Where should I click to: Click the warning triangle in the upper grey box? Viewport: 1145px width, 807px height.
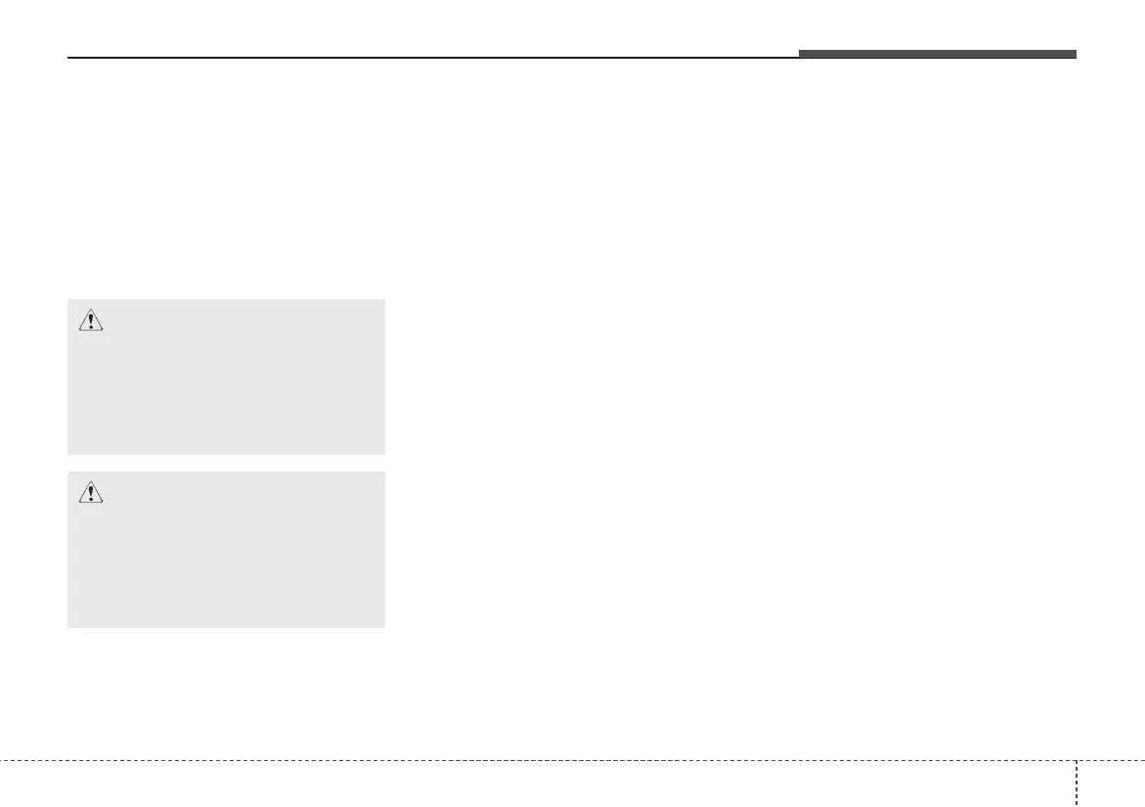tap(90, 320)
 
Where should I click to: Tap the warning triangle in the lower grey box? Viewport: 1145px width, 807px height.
tap(90, 492)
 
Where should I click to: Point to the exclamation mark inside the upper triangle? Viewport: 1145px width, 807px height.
tap(90, 321)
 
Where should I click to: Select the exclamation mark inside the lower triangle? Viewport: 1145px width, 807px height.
tap(90, 493)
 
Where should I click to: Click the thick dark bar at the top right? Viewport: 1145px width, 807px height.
tap(937, 54)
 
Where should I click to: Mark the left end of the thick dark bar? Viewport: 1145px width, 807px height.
tap(800, 54)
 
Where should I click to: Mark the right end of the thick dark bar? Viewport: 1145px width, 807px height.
tap(1075, 54)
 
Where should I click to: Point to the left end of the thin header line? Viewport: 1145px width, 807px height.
tap(68, 58)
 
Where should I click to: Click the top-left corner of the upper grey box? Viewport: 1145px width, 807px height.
tap(68, 300)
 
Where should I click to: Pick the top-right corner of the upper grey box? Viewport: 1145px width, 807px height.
tap(384, 300)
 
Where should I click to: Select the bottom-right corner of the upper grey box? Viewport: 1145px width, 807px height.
tap(384, 454)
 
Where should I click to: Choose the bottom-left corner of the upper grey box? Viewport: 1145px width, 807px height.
tap(68, 454)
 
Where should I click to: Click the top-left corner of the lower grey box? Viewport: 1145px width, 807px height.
tap(68, 472)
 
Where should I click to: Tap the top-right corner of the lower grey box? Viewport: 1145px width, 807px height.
tap(384, 472)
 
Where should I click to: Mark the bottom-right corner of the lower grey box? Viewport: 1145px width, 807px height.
tap(384, 626)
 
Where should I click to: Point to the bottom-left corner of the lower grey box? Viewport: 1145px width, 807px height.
tap(68, 626)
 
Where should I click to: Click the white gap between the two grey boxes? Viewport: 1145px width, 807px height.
tap(226, 464)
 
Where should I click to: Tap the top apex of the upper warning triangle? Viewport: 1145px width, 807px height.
tap(90, 310)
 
